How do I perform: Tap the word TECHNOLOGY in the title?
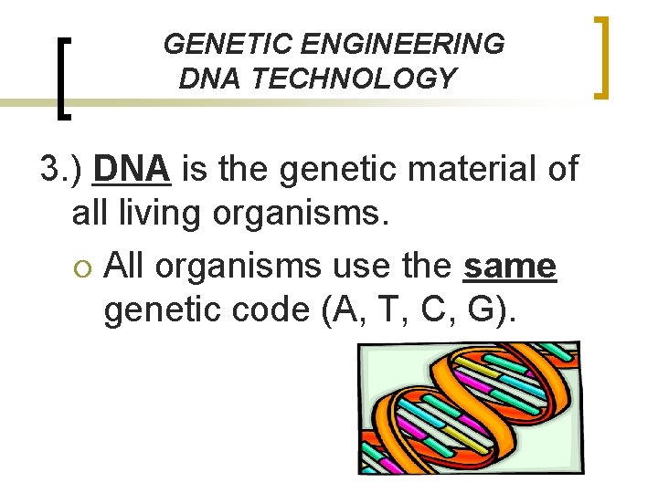click(x=354, y=79)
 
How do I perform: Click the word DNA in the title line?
click(x=210, y=79)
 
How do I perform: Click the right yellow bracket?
click(x=602, y=57)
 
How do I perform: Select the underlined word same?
click(x=510, y=266)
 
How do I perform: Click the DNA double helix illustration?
click(x=468, y=407)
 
